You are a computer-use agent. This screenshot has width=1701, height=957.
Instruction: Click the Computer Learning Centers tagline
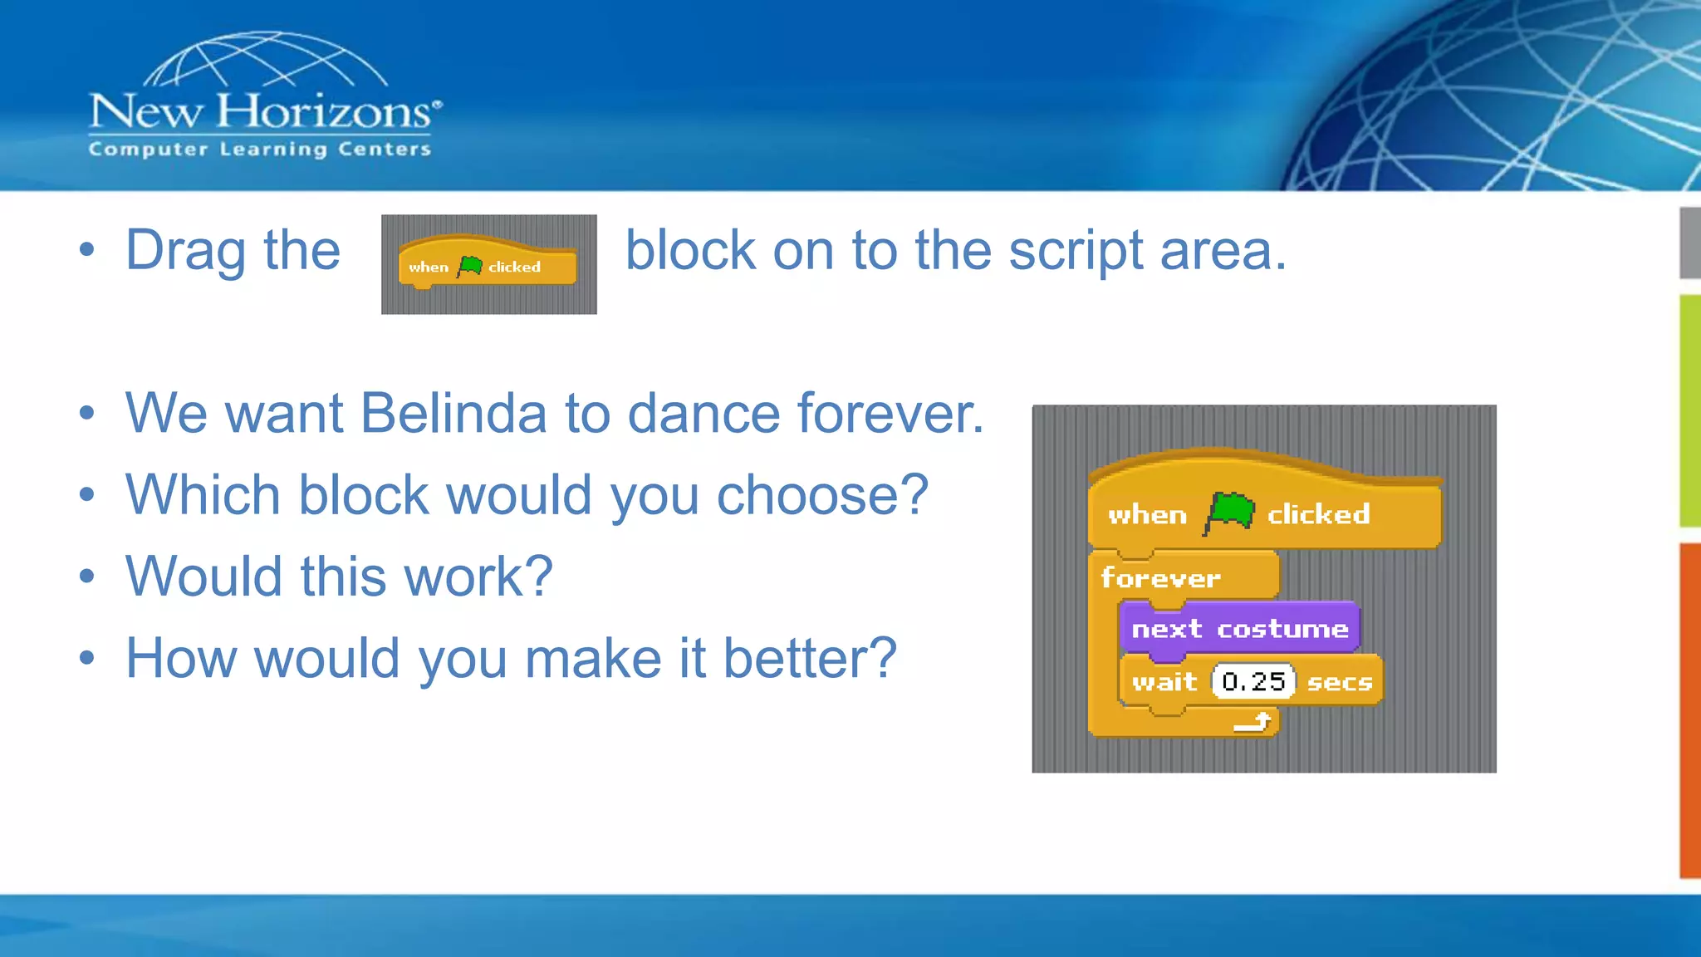tap(260, 150)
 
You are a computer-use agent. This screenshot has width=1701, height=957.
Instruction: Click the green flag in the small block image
tap(470, 266)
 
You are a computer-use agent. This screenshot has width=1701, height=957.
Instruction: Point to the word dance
tap(703, 413)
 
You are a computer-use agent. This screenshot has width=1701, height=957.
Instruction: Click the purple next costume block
tap(1239, 629)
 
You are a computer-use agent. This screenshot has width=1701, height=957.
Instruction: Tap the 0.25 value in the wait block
tap(1253, 682)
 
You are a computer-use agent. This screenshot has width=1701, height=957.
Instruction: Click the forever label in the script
tap(1160, 578)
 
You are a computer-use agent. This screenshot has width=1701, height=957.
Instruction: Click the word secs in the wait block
tap(1339, 683)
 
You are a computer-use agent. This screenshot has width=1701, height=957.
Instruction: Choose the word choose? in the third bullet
tap(821, 496)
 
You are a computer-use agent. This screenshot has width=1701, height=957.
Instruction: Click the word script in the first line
tap(1075, 250)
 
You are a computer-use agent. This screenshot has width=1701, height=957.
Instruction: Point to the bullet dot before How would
tap(87, 659)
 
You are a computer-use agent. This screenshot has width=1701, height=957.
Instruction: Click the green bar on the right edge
tap(1689, 410)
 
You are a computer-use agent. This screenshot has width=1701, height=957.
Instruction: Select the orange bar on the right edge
tap(1689, 710)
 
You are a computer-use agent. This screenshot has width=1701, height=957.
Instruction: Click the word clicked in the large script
tap(1318, 515)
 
